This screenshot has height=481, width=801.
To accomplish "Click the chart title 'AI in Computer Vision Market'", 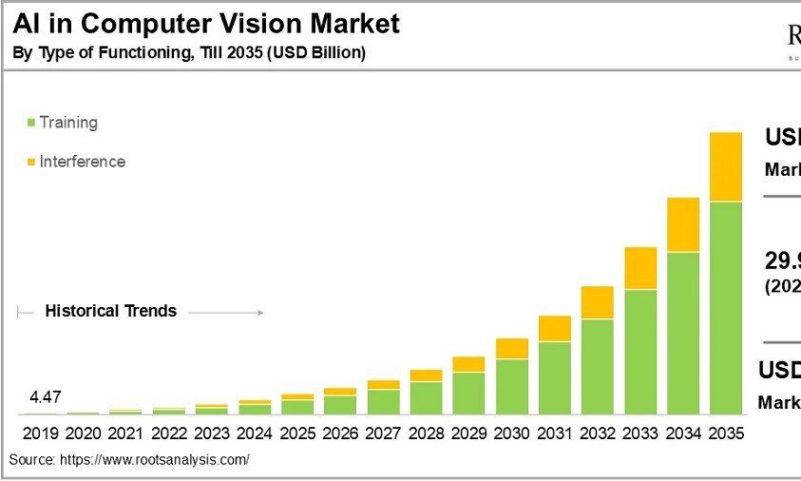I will point(206,24).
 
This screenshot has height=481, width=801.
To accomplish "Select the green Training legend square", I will point(31,123).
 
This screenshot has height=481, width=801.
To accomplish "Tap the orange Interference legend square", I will point(31,162).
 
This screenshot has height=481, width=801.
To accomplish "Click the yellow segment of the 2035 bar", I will point(726,166).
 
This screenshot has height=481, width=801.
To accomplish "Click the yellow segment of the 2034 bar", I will point(683,224).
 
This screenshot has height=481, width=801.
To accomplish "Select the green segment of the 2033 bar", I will point(640,351).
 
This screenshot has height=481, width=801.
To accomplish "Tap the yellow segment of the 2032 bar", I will point(598,302).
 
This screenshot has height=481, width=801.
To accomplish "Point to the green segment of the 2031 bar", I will point(555,377).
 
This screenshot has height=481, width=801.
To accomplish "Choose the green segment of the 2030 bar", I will point(512,386).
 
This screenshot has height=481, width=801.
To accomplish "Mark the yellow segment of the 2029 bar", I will point(469,364).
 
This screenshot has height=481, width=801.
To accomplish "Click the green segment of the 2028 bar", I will point(427,397).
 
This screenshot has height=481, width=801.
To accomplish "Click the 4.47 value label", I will point(45,397).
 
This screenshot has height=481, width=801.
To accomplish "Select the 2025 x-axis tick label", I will point(297,433).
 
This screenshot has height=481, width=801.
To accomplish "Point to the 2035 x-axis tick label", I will point(726,433).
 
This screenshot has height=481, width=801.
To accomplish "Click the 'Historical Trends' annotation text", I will point(111,311).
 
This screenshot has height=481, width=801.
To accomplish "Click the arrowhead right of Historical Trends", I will point(258,312).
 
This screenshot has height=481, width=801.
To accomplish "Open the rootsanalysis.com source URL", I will point(155,460).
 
